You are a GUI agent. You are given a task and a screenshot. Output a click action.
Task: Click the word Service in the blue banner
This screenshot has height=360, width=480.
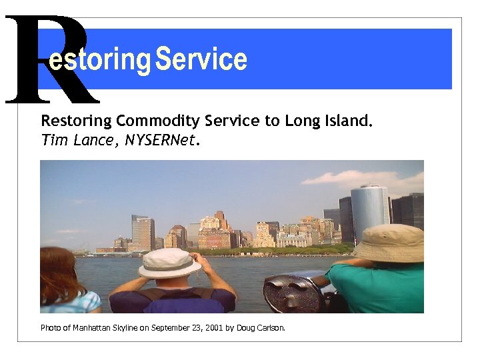pos(201,60)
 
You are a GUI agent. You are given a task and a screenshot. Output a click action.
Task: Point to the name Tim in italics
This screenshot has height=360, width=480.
pos(52,140)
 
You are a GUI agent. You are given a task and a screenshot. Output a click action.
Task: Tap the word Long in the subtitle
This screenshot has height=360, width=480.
pos(299,121)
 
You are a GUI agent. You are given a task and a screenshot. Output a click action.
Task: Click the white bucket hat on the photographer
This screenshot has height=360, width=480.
pos(169,263)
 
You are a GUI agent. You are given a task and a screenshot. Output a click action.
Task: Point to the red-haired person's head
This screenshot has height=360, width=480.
pos(59,270)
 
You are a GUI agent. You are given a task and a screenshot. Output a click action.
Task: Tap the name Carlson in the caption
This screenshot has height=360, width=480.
pos(270,327)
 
